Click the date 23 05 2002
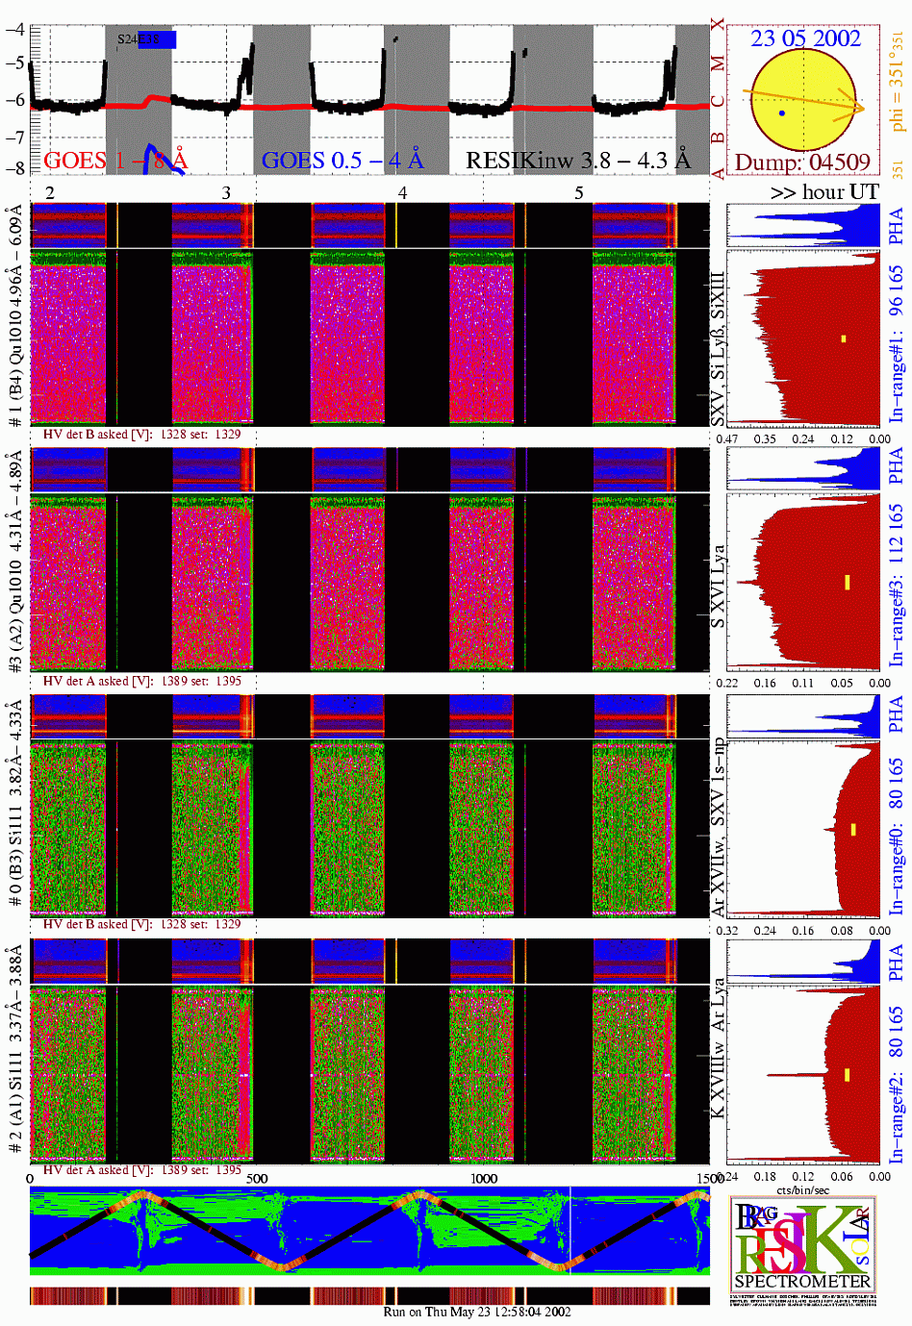(x=805, y=38)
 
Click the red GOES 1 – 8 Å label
(x=115, y=160)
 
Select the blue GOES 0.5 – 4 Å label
(x=342, y=160)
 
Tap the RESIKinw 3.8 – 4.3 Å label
(x=578, y=160)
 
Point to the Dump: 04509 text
(x=802, y=162)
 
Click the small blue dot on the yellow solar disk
(x=782, y=113)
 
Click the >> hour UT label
(x=824, y=191)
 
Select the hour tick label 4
(x=402, y=193)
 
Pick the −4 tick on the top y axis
(x=14, y=29)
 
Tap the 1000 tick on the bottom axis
(x=484, y=1178)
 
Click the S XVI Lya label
(x=718, y=587)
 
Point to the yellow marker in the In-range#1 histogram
(x=844, y=338)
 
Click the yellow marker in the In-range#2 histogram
(x=847, y=1075)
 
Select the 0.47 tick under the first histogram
(x=727, y=439)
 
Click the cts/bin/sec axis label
(x=803, y=1190)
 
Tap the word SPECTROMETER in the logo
(x=802, y=1281)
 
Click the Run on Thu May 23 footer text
(x=477, y=1312)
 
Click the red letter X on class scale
(x=718, y=23)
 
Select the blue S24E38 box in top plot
(x=157, y=39)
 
